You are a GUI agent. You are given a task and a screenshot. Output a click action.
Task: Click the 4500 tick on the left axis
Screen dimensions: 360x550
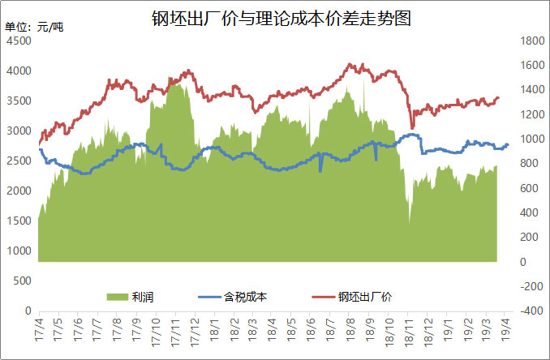click(19, 41)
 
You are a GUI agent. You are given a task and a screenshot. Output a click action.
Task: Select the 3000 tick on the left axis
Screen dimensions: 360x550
click(19, 131)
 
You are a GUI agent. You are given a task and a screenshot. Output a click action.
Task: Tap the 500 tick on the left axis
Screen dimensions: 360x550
click(22, 281)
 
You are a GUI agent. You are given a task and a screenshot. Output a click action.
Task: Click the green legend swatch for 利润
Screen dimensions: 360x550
click(118, 296)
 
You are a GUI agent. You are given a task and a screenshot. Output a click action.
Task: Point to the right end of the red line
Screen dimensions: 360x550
click(498, 97)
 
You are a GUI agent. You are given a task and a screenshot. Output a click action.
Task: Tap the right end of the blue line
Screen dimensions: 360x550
click(508, 144)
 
